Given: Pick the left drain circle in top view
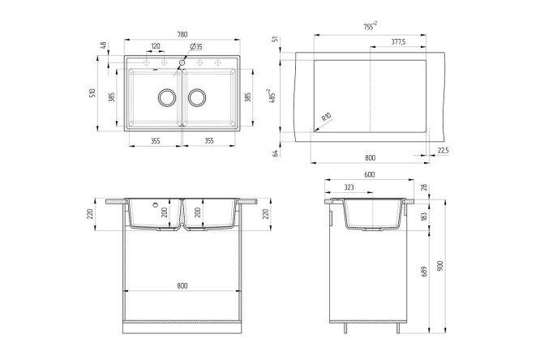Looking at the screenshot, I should tap(167, 98).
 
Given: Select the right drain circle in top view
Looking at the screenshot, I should tap(197, 98).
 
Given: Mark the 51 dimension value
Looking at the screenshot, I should tap(276, 39).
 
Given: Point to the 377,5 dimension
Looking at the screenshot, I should tap(398, 41).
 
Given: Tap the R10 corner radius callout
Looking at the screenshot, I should tap(325, 119).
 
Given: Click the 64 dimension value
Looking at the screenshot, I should tap(276, 151).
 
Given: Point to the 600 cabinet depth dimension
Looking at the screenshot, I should tap(370, 175).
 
